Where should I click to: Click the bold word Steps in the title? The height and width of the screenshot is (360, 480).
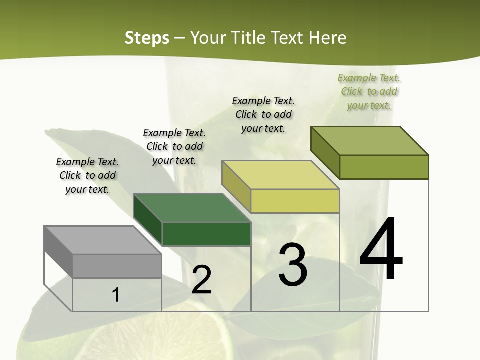point(147,38)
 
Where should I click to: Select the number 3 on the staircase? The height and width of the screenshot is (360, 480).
point(292,265)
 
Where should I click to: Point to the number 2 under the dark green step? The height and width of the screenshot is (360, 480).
point(201,280)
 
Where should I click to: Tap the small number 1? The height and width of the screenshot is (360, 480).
point(115,295)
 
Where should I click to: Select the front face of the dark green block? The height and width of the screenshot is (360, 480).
point(206,234)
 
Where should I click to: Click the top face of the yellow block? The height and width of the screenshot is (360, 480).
point(280,175)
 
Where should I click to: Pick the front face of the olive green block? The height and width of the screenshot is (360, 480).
point(384,167)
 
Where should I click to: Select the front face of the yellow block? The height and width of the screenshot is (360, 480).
point(295,201)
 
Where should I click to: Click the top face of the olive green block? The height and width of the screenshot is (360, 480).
point(370,140)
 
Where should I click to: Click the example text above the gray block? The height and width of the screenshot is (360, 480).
point(87,175)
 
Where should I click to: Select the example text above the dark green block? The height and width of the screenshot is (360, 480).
point(174,146)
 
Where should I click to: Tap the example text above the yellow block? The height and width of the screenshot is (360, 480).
point(263,114)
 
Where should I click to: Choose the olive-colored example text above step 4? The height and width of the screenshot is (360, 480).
point(369,91)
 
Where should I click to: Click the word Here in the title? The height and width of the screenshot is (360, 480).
point(327,38)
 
